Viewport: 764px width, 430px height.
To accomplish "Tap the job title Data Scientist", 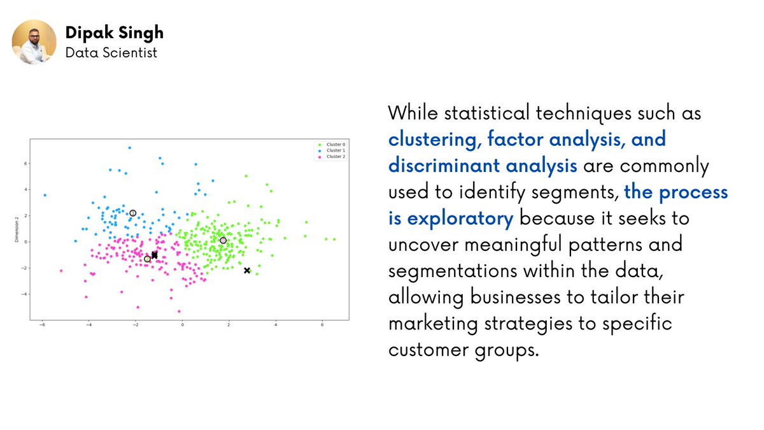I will click(111, 52).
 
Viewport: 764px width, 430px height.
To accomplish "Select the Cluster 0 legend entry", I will click(332, 145).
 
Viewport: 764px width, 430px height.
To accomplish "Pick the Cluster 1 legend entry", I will click(332, 150).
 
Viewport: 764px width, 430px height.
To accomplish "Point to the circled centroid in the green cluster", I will click(223, 241).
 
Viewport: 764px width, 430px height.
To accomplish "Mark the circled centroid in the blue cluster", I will click(132, 213).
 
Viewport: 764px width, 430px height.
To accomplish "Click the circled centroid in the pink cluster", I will click(147, 259).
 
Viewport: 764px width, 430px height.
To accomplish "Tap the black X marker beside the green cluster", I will click(247, 271).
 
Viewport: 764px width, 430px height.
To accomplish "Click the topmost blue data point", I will click(129, 148).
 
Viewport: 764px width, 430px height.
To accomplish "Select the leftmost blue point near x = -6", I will click(45, 195).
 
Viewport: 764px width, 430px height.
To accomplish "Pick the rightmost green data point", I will click(334, 240).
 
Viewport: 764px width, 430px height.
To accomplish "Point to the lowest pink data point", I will click(179, 312).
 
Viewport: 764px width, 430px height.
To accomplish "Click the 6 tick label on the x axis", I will click(323, 325).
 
